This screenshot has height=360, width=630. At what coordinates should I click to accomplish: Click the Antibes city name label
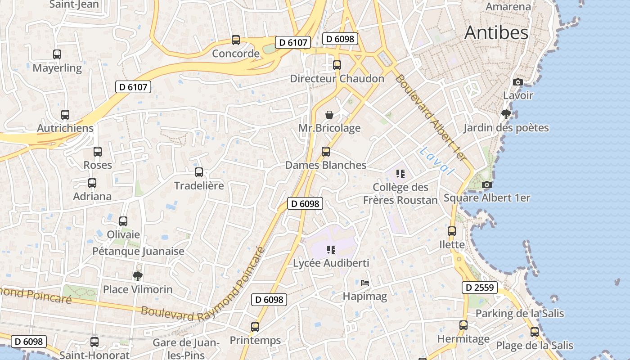[496, 33]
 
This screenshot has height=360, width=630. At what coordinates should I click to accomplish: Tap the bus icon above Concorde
[235, 40]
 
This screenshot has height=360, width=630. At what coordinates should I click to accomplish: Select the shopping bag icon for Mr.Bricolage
[329, 115]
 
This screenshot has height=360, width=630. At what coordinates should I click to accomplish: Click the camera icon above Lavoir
[518, 82]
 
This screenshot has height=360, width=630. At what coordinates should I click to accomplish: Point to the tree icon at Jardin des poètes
[506, 114]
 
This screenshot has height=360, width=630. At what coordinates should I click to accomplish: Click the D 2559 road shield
[479, 288]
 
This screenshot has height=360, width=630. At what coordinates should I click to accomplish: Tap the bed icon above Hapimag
[365, 283]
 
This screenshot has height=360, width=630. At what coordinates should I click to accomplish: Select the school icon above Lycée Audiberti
[331, 249]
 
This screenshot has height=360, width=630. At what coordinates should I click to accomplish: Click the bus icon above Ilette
[452, 231]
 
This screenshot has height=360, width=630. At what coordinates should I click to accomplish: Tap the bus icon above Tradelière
[198, 172]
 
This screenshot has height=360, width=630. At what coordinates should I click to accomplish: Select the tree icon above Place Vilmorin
[137, 276]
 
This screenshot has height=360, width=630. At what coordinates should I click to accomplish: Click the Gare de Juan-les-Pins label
[186, 349]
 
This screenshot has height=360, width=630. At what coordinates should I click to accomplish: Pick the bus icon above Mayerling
[57, 54]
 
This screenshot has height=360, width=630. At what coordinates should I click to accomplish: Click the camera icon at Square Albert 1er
[486, 184]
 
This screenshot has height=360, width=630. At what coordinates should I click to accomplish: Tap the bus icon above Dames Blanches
[326, 152]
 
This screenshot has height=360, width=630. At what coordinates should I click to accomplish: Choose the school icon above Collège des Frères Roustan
[400, 173]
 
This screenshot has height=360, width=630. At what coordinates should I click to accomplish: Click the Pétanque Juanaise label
[138, 251]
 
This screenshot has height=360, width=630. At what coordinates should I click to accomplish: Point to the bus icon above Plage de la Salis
[534, 332]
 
